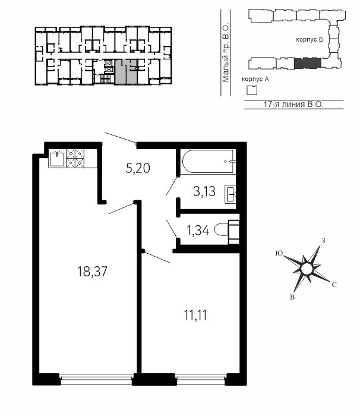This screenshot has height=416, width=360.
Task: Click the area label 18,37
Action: (x=92, y=272)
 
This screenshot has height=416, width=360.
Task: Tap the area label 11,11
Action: (x=195, y=316)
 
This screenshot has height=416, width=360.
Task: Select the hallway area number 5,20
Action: (x=138, y=168)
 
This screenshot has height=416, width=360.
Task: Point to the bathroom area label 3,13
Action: (x=204, y=191)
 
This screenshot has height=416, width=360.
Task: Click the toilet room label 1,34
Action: (x=198, y=231)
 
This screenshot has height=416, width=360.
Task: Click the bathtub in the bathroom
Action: (x=208, y=162)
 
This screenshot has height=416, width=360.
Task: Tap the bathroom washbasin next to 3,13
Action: (x=230, y=194)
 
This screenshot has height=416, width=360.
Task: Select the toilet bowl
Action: (x=226, y=230)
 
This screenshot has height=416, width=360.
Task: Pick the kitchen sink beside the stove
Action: (x=57, y=158)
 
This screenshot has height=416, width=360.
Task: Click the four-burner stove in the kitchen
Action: (x=75, y=158)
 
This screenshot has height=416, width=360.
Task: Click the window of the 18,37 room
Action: (x=96, y=379)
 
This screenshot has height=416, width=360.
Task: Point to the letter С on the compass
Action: (x=334, y=285)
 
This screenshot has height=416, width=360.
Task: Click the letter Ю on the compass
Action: (x=279, y=253)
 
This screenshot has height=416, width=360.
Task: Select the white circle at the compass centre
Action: (x=307, y=269)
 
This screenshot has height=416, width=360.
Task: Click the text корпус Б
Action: (x=310, y=40)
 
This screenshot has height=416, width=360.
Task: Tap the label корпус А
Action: (x=255, y=79)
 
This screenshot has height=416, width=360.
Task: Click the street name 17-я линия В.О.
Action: (x=293, y=104)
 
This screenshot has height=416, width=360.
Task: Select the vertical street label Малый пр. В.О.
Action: (x=226, y=53)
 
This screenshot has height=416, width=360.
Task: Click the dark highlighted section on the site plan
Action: (x=308, y=63)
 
